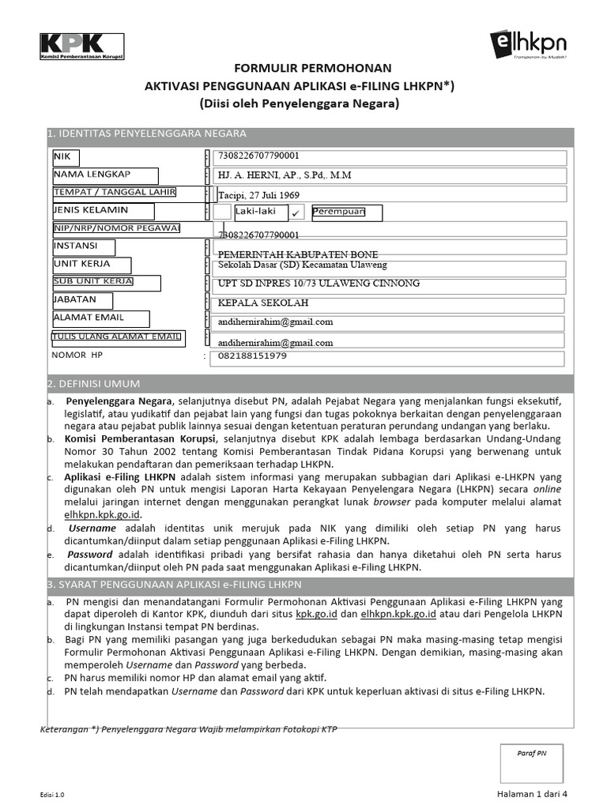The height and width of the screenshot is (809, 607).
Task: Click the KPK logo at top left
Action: click(x=82, y=47)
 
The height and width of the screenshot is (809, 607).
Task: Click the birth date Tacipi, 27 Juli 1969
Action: click(x=259, y=195)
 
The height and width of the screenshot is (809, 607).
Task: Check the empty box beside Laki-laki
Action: click(x=224, y=212)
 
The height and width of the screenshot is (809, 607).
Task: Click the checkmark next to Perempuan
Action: click(x=296, y=213)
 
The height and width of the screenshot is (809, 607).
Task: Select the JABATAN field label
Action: click(x=75, y=300)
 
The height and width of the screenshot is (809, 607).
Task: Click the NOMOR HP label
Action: click(x=77, y=356)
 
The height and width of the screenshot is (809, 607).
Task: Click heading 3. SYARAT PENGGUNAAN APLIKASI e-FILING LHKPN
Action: click(x=174, y=585)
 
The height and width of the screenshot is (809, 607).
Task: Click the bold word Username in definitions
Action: click(x=92, y=528)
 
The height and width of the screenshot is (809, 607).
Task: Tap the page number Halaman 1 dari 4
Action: click(x=532, y=793)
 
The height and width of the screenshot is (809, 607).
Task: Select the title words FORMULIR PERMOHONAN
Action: click(x=301, y=69)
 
